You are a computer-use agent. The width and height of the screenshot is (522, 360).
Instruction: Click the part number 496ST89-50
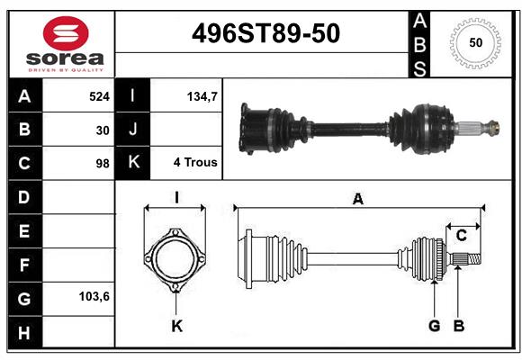pos(267,33)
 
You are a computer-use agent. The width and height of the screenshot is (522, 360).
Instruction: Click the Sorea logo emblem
pos(66,33)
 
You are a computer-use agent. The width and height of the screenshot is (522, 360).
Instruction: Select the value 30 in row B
pos(103,130)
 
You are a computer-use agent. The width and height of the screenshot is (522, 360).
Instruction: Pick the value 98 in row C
pos(102,164)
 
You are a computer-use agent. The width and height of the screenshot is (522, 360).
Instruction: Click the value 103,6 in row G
pos(94,295)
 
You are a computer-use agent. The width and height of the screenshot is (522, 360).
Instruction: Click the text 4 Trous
pos(195,163)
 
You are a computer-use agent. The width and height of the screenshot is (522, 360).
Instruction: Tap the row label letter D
pos(23,196)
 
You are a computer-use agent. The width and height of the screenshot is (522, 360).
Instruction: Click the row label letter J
pos(133,130)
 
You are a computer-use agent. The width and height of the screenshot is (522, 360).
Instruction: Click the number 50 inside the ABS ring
pos(474,42)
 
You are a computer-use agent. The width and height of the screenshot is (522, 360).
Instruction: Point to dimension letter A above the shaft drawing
pos(357,200)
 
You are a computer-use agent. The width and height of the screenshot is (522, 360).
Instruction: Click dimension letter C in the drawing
pos(461,236)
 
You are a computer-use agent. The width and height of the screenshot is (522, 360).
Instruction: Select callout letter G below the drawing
pos(434,326)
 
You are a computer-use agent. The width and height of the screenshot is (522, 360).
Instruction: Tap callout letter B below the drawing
pos(458,326)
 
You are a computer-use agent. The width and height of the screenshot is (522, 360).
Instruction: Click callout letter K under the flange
pos(176,326)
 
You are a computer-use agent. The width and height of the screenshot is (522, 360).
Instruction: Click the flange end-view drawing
pos(176,261)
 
